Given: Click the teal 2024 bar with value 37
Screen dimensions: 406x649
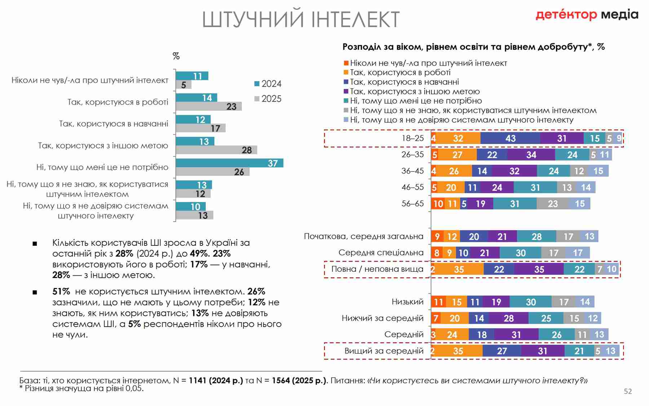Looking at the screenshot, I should point(229,163).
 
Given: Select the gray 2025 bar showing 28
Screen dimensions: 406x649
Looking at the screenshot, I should point(216,150).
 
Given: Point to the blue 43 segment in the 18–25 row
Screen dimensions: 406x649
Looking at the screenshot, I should point(510,138).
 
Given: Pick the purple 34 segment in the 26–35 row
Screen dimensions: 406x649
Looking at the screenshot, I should point(531,155).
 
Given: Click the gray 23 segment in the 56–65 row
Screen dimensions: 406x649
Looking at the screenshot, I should point(552,204).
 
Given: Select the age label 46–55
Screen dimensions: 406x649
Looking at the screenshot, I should point(412,187).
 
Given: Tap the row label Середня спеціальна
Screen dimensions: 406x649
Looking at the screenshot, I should point(381,253).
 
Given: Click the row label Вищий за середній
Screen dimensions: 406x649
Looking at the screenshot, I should point(384,351).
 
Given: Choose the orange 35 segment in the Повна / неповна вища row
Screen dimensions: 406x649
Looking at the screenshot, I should point(459,269).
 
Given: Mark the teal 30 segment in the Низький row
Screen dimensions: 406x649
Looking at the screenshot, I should point(530,302).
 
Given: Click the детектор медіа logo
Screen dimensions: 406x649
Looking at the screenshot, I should point(587,15).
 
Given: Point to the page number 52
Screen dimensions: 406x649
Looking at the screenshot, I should point(628,391).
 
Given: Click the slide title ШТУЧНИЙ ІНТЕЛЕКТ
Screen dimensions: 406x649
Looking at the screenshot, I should point(301,19).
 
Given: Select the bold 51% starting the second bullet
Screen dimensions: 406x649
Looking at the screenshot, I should point(61,291).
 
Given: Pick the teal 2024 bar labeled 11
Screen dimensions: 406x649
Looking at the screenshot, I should point(192,76).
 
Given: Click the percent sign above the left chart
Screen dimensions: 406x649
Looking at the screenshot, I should point(176,56).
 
